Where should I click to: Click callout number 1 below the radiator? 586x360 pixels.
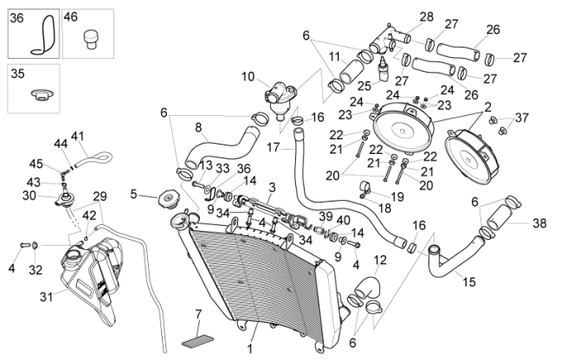coord(250,350)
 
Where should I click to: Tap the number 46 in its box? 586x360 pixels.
coord(71,16)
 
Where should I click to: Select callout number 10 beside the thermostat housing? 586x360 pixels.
coord(248,75)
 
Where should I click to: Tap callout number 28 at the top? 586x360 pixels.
coord(426,16)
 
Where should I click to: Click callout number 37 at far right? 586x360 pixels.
coord(521,117)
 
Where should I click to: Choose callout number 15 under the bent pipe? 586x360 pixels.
coord(468,281)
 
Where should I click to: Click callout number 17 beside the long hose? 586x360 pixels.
coord(273,147)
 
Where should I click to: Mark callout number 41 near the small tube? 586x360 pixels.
coord(78,136)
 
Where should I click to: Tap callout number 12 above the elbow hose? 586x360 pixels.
coord(380,260)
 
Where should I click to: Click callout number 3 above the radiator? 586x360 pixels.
coord(272,187)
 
